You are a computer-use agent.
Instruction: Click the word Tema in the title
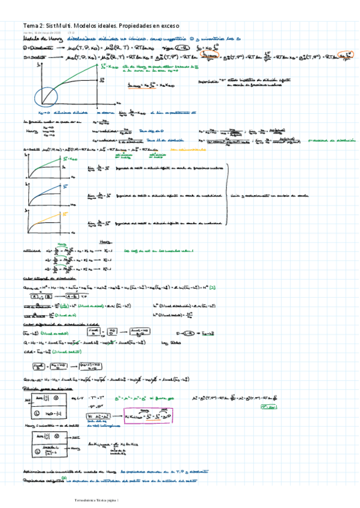point(30,26)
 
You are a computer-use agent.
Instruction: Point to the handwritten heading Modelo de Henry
point(38,40)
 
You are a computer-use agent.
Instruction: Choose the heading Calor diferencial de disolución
point(58,324)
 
